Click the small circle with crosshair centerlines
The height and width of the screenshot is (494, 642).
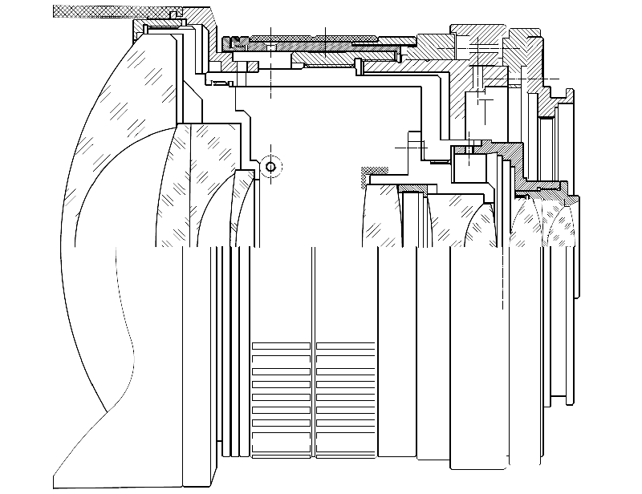(x=270, y=167)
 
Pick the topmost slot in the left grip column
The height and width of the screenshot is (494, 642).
(x=281, y=346)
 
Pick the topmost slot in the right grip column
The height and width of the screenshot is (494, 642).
(x=345, y=346)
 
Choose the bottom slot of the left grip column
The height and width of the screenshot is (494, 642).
(x=281, y=447)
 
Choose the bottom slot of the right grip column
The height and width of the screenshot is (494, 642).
(x=345, y=447)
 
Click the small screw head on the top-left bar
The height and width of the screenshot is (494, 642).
(x=173, y=14)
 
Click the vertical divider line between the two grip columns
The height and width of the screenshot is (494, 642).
(x=313, y=393)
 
